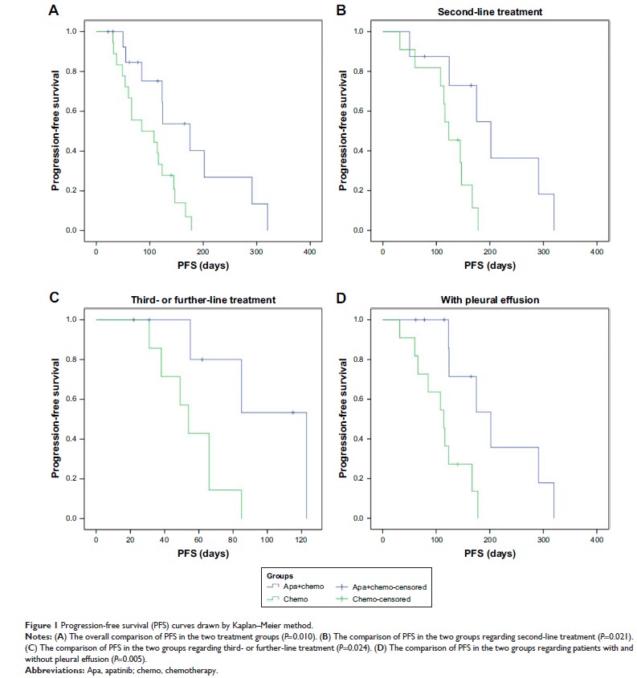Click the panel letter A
pyautogui.click(x=54, y=11)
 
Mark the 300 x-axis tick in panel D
pyautogui.click(x=544, y=532)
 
